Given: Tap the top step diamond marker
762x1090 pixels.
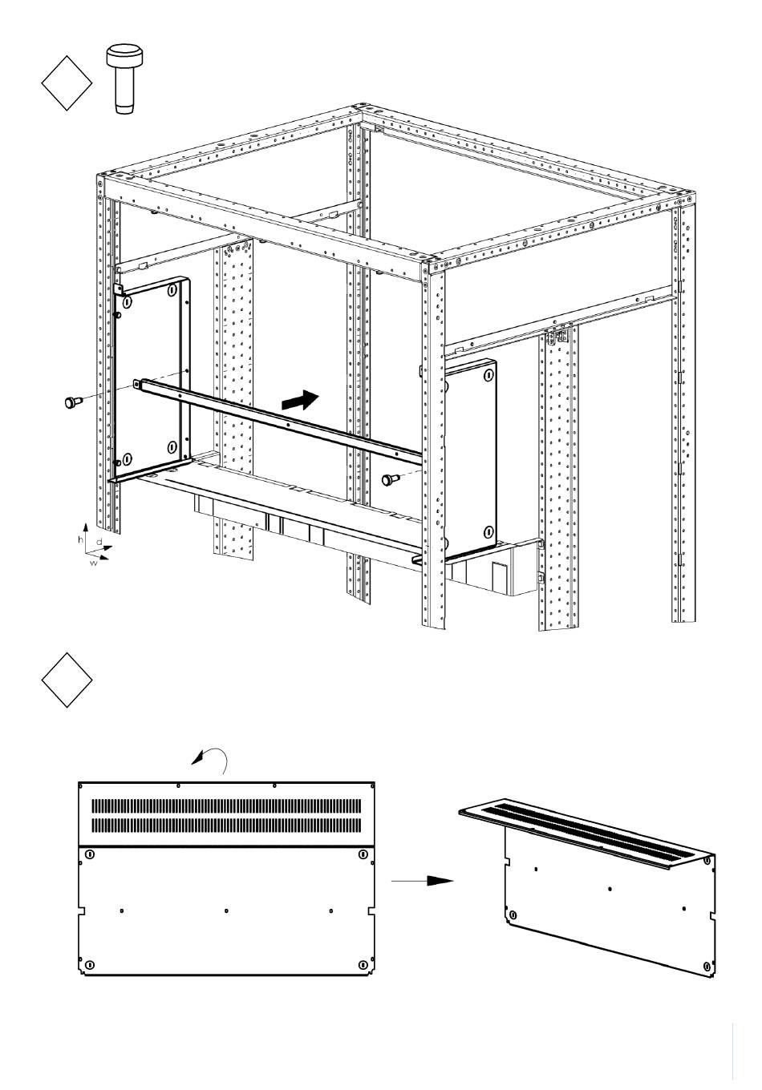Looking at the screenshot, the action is coord(67,83).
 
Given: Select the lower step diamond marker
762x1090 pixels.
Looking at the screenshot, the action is coord(67,680).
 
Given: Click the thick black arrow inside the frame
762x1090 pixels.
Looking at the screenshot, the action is coord(301,401).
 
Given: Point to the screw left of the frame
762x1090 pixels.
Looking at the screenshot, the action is coord(74,402).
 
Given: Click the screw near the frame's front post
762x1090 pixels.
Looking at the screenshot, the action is coord(391,479).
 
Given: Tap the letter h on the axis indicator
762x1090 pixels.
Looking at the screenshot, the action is coord(81,539).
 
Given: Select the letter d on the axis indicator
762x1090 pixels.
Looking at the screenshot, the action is coord(99,541).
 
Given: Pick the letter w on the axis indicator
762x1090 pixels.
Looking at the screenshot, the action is coord(94,563).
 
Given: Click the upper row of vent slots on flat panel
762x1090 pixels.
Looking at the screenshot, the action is coord(226,805).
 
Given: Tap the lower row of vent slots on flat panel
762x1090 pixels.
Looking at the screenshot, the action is coord(226,825).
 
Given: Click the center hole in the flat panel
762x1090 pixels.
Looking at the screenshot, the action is coord(226,910).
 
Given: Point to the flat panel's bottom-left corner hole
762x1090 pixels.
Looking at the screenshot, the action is coord(89,964).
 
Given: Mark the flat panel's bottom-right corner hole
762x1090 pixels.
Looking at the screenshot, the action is coord(363,964).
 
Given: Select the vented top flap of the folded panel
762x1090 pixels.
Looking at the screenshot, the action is coord(586,829).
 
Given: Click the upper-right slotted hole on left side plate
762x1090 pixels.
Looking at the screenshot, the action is coord(172,290).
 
